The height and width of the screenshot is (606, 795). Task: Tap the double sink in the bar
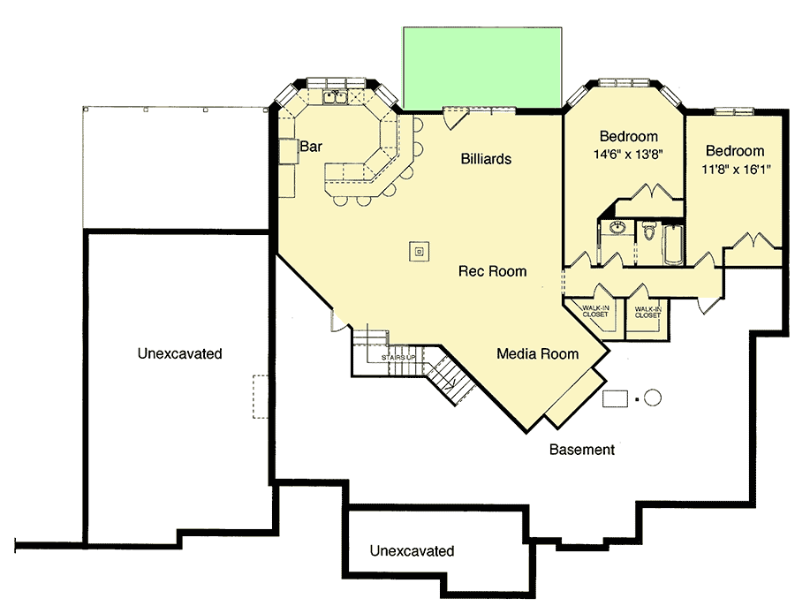click(x=334, y=97)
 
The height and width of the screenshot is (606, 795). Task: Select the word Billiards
click(x=486, y=159)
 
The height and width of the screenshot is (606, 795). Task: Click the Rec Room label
click(x=492, y=271)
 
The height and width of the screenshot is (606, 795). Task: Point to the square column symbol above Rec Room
click(x=420, y=251)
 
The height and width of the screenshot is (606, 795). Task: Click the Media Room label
click(x=537, y=353)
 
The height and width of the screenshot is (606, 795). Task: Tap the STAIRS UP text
click(x=398, y=357)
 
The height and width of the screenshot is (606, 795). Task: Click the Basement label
click(x=581, y=450)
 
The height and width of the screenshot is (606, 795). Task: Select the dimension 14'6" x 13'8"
click(x=629, y=153)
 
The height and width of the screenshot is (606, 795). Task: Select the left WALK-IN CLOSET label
click(x=594, y=312)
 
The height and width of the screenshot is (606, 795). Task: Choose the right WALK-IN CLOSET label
click(x=647, y=312)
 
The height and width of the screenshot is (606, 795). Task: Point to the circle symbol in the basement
click(x=652, y=398)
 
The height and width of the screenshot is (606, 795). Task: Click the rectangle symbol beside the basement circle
click(x=615, y=398)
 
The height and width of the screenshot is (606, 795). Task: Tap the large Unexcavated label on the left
click(x=179, y=353)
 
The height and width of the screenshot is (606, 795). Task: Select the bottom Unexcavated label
click(x=412, y=551)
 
